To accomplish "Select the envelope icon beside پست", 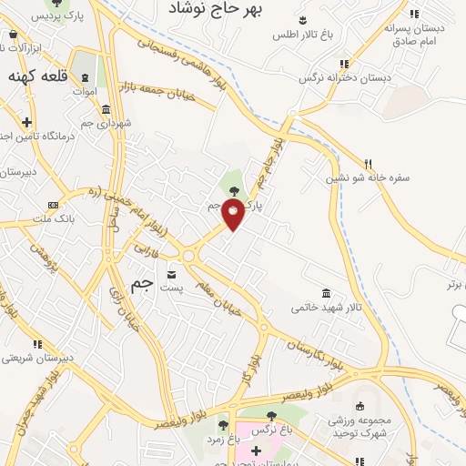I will pos(172,273).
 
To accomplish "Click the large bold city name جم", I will pos(141,284).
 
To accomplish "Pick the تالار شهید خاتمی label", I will pos(327,308).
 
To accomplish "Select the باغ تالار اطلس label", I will pos(305,35).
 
